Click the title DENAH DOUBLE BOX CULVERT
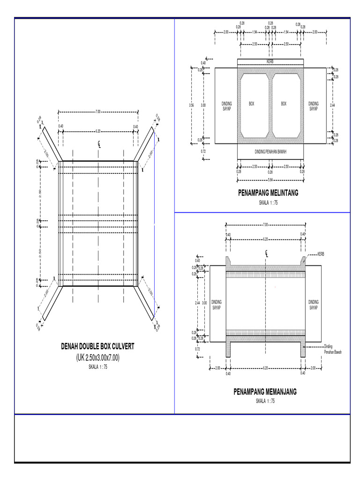(97, 346)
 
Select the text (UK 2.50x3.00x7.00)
(97, 358)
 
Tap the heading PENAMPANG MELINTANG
(268, 193)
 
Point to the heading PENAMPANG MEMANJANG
(265, 391)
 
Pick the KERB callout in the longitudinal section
(321, 254)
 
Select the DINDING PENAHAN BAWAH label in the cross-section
(270, 151)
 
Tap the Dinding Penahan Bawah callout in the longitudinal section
(332, 349)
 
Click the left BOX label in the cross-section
(252, 104)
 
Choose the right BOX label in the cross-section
(284, 104)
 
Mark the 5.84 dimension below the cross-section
(270, 180)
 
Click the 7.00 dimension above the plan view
(97, 112)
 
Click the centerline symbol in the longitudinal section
(266, 254)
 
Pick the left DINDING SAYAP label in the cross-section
(226, 106)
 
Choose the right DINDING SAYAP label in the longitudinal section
(313, 305)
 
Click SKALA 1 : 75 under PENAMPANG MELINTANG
(268, 202)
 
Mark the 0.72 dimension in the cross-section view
(203, 151)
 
